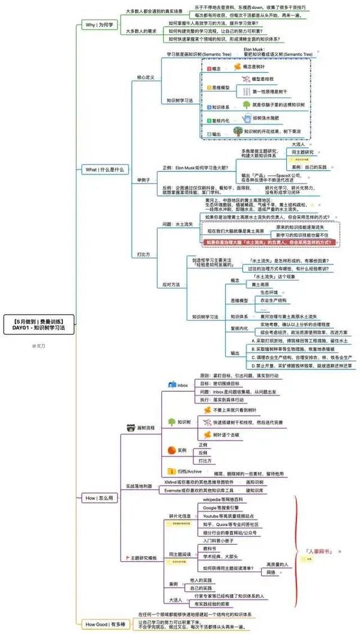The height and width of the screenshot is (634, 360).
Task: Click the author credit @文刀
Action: click(40, 345)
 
